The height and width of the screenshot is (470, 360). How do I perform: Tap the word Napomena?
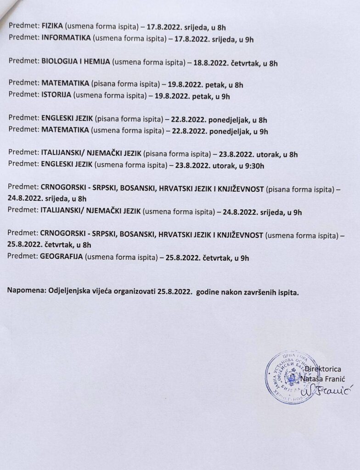point(23,291)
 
